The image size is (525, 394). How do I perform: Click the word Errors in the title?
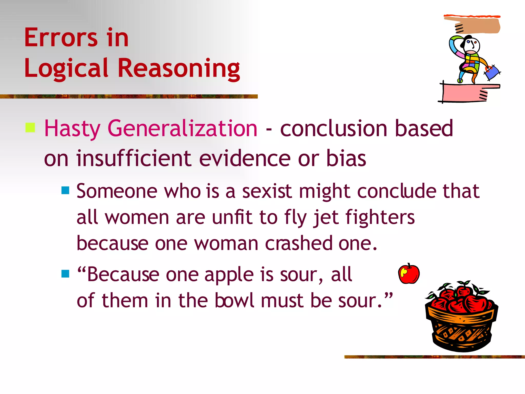(61, 38)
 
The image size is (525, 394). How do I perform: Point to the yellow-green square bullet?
(30, 127)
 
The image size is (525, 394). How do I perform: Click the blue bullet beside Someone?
(65, 190)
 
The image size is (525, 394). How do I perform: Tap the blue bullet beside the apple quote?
(65, 274)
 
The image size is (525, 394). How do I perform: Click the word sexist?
(267, 191)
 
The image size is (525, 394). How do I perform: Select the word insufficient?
(134, 158)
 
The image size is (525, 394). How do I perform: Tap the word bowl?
(234, 300)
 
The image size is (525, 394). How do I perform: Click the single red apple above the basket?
(409, 274)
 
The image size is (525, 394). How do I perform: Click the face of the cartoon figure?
(472, 45)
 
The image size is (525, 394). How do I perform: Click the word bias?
(346, 158)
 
